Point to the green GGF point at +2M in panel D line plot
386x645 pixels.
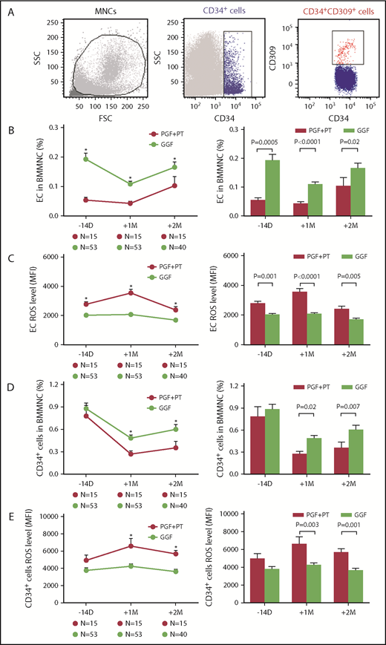(x=174, y=428)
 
